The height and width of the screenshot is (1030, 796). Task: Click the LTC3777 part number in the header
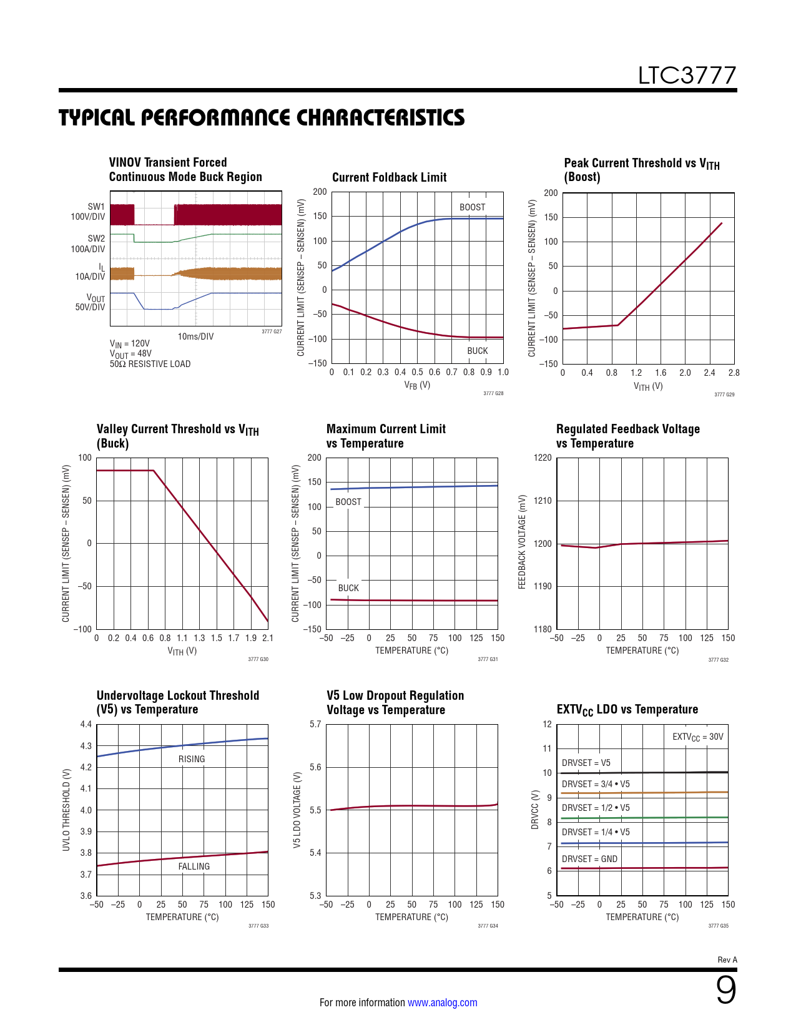point(687,76)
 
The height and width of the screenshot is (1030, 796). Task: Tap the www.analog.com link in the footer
point(442,1003)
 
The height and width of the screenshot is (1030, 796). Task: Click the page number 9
point(725,990)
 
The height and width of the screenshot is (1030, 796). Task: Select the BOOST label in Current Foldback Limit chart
point(472,207)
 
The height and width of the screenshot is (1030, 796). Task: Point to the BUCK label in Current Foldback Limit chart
point(478,351)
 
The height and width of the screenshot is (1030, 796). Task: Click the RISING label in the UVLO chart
point(192,759)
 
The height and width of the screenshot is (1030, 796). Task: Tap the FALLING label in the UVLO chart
point(194,866)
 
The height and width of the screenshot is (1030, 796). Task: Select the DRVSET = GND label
point(589,859)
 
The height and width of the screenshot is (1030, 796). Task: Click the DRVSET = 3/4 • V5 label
point(596,784)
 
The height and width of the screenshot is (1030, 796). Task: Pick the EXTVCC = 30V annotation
point(697,737)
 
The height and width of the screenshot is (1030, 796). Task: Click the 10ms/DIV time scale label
point(195,336)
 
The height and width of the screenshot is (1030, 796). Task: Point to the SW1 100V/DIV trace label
point(88,212)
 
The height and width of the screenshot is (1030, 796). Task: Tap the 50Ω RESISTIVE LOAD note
point(150,364)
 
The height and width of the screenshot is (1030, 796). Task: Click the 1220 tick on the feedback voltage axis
point(543,458)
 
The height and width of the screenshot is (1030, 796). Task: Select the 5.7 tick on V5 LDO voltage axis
point(315,724)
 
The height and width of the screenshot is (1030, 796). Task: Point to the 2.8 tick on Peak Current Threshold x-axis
point(734,373)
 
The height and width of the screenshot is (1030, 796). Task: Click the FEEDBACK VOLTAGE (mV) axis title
point(523,542)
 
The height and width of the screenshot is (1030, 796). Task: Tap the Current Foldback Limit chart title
point(389,177)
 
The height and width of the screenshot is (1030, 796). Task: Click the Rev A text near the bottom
point(727,959)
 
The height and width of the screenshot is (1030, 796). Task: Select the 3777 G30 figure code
point(258,659)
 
